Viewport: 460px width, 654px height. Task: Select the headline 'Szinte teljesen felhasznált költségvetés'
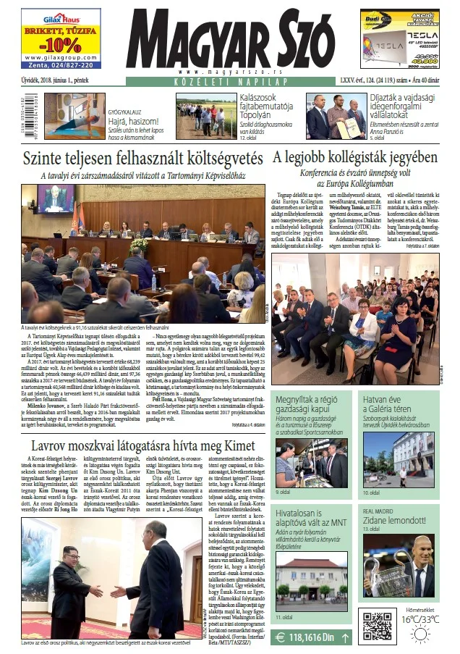(143, 159)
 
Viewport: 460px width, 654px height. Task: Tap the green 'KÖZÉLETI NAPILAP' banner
(229, 83)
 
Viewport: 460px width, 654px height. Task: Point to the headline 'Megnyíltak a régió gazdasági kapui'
(315, 403)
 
